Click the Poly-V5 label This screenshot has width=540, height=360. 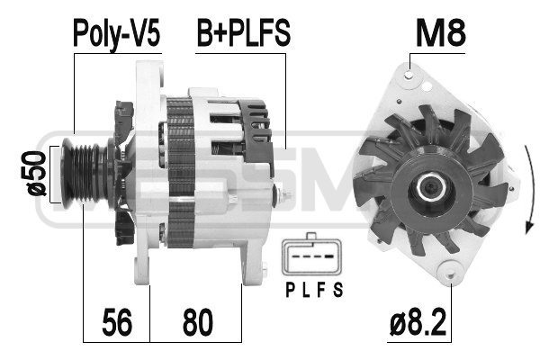(x=117, y=33)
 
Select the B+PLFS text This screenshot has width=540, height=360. (x=244, y=33)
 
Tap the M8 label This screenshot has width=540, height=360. (x=440, y=33)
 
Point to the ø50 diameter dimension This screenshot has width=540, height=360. (x=37, y=174)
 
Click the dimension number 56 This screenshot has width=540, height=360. (x=117, y=322)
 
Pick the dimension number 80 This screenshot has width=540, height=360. (x=198, y=322)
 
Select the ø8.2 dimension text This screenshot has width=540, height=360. (x=418, y=322)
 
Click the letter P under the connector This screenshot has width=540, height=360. (x=291, y=290)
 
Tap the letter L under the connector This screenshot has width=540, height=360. (x=306, y=290)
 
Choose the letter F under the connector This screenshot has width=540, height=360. (x=321, y=290)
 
